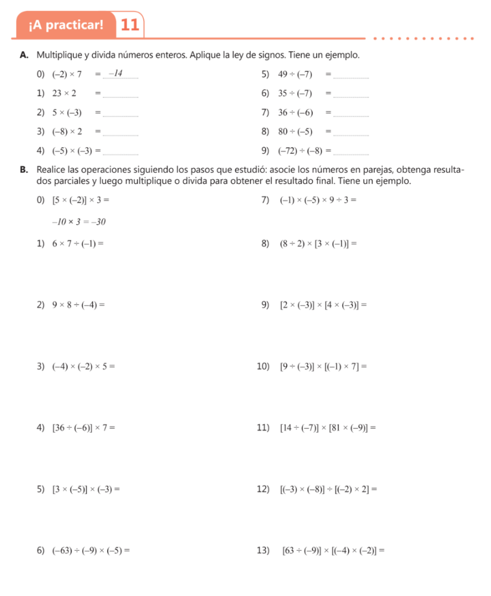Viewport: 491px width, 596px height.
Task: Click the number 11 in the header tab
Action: [130, 24]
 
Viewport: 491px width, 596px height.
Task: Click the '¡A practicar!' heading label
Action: [65, 25]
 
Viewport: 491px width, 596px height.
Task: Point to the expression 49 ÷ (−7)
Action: [295, 74]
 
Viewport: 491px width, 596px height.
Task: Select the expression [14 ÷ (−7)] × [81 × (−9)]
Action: [327, 429]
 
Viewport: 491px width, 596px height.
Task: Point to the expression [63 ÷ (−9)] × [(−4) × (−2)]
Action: [333, 550]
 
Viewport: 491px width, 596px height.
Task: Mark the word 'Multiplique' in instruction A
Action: [59, 56]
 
